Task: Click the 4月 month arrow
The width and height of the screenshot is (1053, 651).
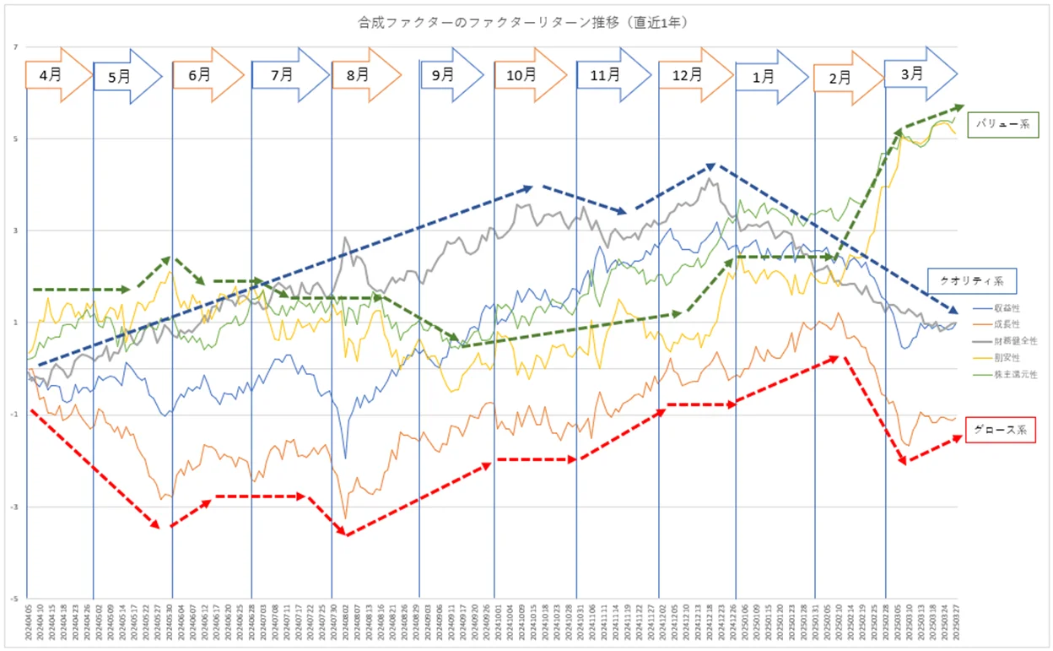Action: pyautogui.click(x=56, y=74)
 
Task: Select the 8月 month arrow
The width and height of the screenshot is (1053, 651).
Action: pyautogui.click(x=362, y=74)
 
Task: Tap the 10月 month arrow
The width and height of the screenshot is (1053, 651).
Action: pyautogui.click(x=525, y=74)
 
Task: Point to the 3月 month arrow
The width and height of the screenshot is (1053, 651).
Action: pyautogui.click(x=916, y=73)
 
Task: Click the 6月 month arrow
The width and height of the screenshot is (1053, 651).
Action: pyautogui.click(x=203, y=74)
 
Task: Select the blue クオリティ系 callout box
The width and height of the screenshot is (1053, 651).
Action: pyautogui.click(x=971, y=279)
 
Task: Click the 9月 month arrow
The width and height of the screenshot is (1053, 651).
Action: pyautogui.click(x=447, y=74)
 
